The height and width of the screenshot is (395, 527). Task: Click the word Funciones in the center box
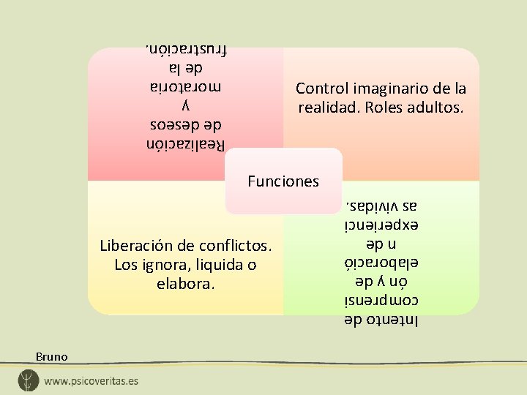click(283, 181)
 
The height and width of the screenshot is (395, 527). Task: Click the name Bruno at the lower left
click(51, 357)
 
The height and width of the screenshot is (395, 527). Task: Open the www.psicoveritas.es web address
click(91, 381)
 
